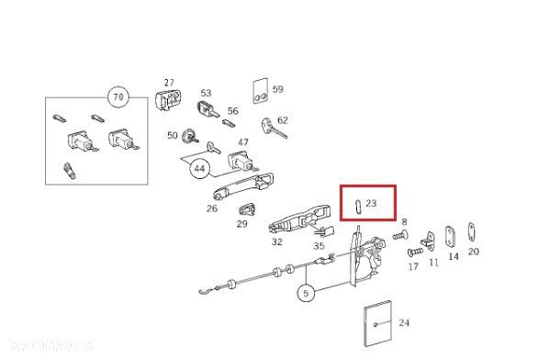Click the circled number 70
click(117, 96)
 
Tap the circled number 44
click(198, 168)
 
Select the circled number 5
click(306, 294)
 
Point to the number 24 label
click(404, 322)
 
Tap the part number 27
click(169, 83)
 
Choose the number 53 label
click(206, 93)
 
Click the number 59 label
click(277, 89)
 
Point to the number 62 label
click(283, 119)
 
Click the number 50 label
click(173, 136)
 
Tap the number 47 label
click(243, 142)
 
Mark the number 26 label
click(212, 208)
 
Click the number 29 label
click(242, 223)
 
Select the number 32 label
click(276, 242)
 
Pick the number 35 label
click(319, 246)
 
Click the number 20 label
click(473, 252)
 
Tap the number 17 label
click(413, 266)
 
